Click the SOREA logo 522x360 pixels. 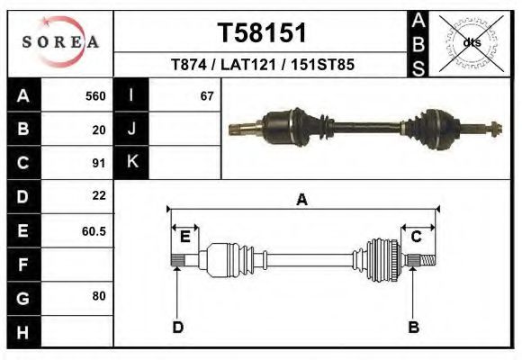60,42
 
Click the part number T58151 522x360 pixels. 262,33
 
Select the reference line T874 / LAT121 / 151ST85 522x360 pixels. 262,65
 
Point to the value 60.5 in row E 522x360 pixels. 94,230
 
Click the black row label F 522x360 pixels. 22,265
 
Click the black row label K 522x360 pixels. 131,162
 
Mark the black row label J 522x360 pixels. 131,130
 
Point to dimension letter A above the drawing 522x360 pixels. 302,200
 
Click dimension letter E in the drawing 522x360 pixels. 184,237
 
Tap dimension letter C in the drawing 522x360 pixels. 417,237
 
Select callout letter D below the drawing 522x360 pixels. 177,327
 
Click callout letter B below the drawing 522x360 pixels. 414,327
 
